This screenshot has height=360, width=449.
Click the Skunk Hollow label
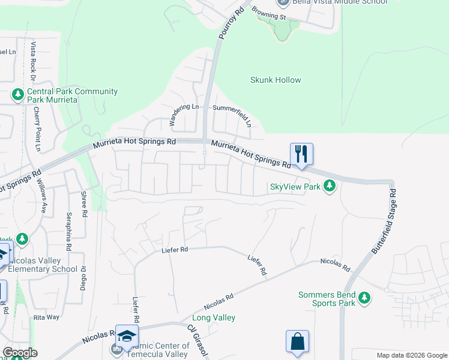[276, 80]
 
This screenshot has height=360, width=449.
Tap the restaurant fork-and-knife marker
[301, 154]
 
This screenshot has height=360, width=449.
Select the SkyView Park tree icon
[329, 187]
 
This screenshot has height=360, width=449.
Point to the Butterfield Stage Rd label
[385, 221]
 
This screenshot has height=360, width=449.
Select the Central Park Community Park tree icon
[17, 95]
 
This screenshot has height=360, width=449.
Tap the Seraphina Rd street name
[69, 230]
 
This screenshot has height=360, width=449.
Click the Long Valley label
[213, 317]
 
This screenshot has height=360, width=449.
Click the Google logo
[20, 353]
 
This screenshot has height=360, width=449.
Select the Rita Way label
[46, 317]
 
